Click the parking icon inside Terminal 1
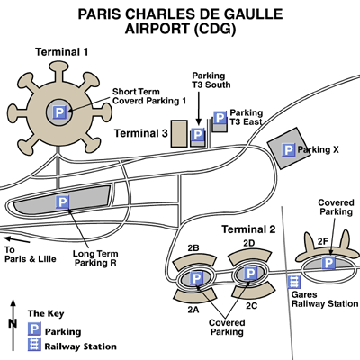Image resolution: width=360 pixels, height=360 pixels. [59, 112]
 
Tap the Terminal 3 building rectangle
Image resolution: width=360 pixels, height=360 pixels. [179, 133]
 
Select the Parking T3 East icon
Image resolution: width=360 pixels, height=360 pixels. [220, 118]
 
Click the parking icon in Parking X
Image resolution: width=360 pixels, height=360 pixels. [288, 149]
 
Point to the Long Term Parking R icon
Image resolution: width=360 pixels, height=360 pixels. [62, 202]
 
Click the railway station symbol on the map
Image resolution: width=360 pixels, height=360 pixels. [294, 282]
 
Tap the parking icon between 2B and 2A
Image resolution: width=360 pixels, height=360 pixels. [196, 278]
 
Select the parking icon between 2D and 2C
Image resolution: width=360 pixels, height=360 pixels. [250, 274]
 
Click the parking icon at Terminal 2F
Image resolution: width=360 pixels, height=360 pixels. [328, 263]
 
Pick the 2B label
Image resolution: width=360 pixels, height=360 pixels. [193, 248]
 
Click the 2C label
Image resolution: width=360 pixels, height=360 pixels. [251, 306]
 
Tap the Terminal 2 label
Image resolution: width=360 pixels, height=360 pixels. [248, 229]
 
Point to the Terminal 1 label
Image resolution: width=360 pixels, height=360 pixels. [62, 52]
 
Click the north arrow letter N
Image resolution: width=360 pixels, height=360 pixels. [13, 323]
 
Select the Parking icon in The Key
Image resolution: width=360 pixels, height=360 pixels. [34, 329]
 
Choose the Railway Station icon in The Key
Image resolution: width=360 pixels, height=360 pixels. [34, 345]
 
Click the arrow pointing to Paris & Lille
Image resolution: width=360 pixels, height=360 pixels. [17, 239]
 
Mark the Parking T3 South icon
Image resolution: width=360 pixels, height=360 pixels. [198, 135]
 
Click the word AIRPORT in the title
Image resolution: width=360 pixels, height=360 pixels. [157, 29]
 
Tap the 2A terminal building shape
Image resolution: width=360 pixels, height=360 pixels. [194, 295]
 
